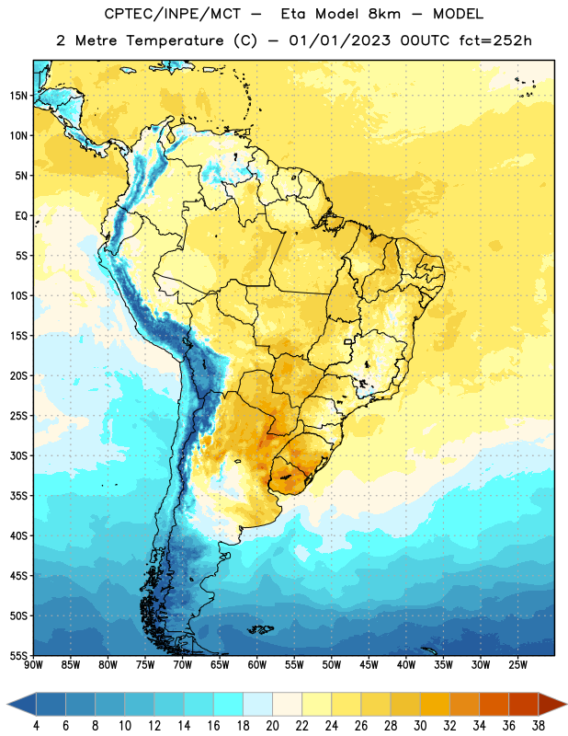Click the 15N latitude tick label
(x=18, y=96)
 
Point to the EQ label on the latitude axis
(x=21, y=216)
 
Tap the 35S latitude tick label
(x=18, y=496)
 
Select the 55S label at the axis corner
(x=18, y=655)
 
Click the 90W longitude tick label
(x=33, y=665)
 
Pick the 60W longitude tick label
(x=257, y=665)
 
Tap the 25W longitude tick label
(x=517, y=665)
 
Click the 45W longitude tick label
(x=369, y=665)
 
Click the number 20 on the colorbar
(x=272, y=726)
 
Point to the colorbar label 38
(x=539, y=726)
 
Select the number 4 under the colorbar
(x=36, y=726)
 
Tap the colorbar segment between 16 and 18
(x=228, y=705)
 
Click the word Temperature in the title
(x=175, y=40)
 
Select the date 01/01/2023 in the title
(x=339, y=40)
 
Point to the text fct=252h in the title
(x=495, y=40)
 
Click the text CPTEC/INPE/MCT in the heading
(x=172, y=14)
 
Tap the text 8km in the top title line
(x=384, y=14)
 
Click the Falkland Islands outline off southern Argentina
(x=261, y=629)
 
